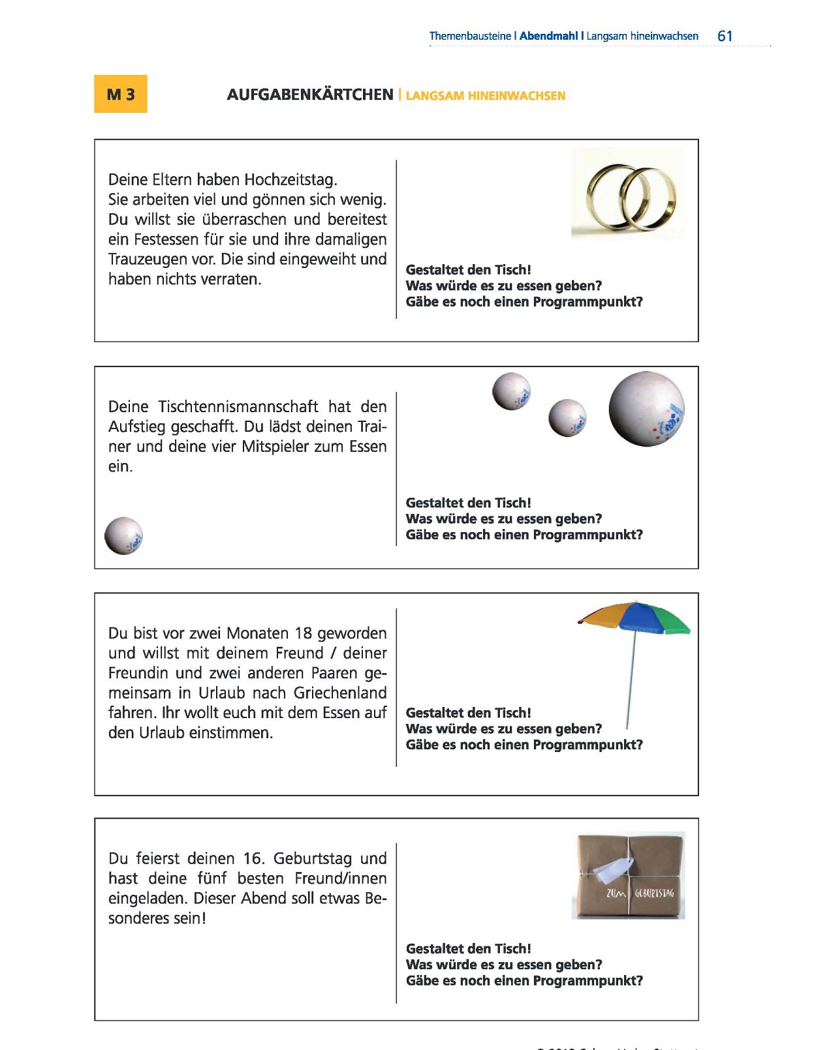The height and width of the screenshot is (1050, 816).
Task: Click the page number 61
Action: click(725, 37)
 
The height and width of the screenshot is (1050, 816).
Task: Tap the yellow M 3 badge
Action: click(121, 94)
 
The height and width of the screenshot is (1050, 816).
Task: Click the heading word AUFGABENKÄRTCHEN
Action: click(310, 95)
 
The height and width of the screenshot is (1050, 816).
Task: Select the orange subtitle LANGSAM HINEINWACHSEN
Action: click(485, 96)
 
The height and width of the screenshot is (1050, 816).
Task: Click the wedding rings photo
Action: click(628, 194)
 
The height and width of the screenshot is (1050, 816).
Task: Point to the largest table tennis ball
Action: click(646, 409)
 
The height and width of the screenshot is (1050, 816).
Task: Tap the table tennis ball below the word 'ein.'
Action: click(123, 536)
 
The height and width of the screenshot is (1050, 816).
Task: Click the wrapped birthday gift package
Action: click(629, 875)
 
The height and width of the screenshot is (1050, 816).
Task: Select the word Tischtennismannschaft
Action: click(238, 407)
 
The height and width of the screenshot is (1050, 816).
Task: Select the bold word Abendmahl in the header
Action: click(548, 37)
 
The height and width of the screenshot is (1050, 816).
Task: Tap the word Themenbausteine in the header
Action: click(470, 37)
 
